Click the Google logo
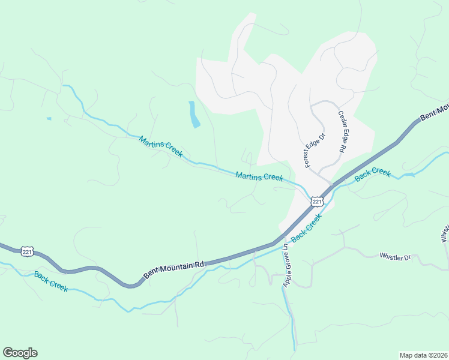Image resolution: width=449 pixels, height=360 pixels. point(20,353)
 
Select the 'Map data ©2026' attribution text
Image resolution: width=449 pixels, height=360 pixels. point(423,355)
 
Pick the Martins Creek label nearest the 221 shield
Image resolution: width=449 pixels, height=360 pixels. point(259,176)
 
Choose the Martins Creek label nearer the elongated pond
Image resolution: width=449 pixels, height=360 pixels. point(160,146)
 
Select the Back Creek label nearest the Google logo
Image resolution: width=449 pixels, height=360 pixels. point(51,281)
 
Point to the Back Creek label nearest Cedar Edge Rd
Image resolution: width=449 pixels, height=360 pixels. point(373,175)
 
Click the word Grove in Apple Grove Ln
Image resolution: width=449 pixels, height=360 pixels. point(286,262)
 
